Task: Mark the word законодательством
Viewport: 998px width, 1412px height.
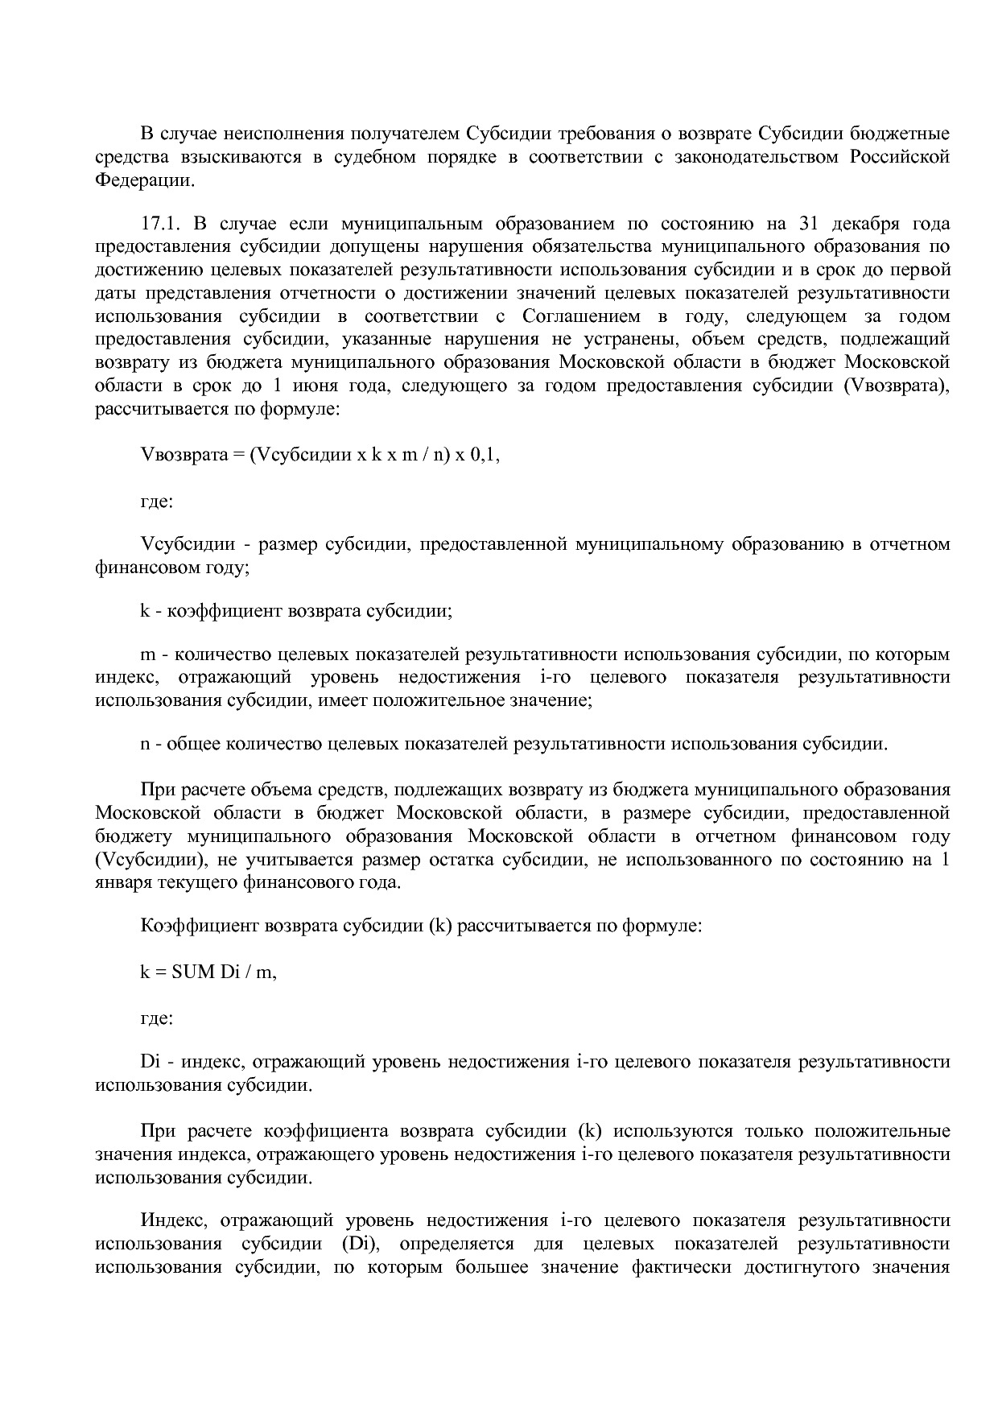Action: [x=754, y=156]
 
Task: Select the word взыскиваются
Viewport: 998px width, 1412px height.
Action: [x=237, y=156]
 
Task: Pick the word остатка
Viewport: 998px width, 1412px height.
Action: [x=459, y=860]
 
